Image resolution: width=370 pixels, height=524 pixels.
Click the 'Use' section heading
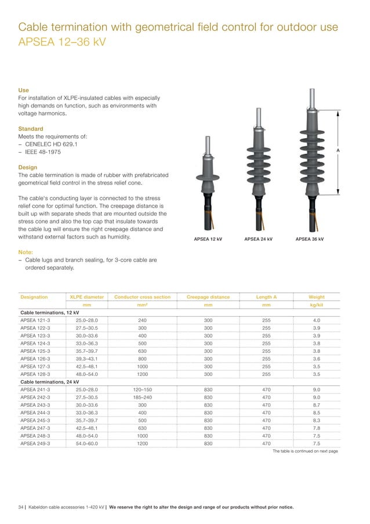click(23, 90)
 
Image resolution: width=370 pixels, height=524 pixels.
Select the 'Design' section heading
click(28, 167)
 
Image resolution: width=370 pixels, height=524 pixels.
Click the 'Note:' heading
click(26, 252)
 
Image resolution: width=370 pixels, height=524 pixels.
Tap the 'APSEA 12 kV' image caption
click(208, 239)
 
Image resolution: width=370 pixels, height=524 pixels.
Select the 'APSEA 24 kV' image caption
click(259, 239)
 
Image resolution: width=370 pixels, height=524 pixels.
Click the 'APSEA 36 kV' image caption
click(310, 239)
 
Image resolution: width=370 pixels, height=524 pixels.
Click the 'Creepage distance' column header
click(208, 297)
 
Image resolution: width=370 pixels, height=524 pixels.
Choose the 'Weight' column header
click(317, 297)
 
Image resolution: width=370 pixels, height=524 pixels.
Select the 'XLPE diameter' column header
click(87, 297)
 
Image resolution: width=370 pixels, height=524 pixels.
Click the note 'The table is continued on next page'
click(305, 451)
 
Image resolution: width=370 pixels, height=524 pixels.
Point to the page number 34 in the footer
click(21, 507)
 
